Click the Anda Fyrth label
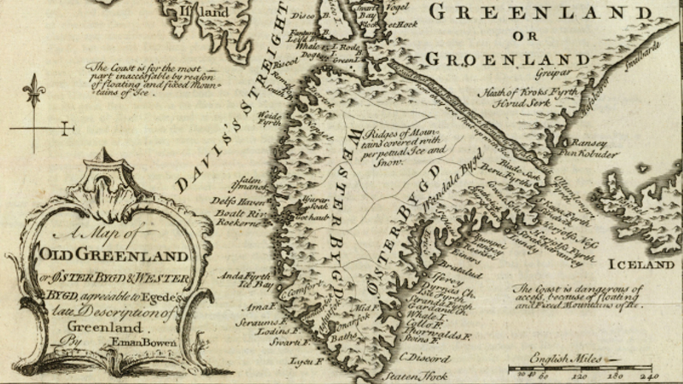click(240, 276)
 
